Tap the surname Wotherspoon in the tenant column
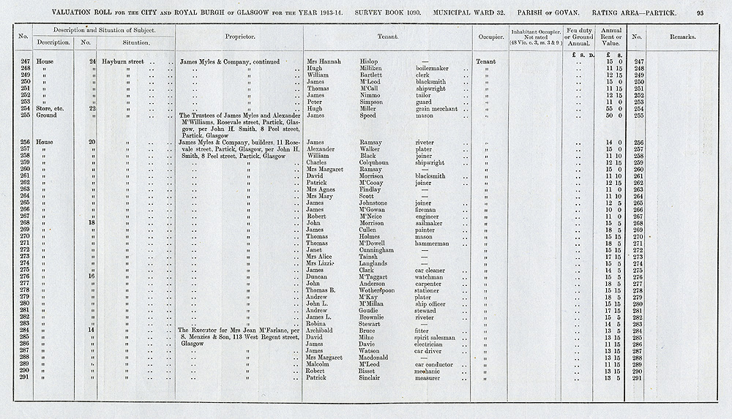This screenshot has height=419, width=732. [377, 290]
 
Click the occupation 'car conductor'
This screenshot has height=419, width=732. [438, 364]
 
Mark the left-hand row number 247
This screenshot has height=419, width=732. [23, 61]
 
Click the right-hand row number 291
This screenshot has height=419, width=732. [636, 377]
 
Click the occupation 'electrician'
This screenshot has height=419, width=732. [433, 344]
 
